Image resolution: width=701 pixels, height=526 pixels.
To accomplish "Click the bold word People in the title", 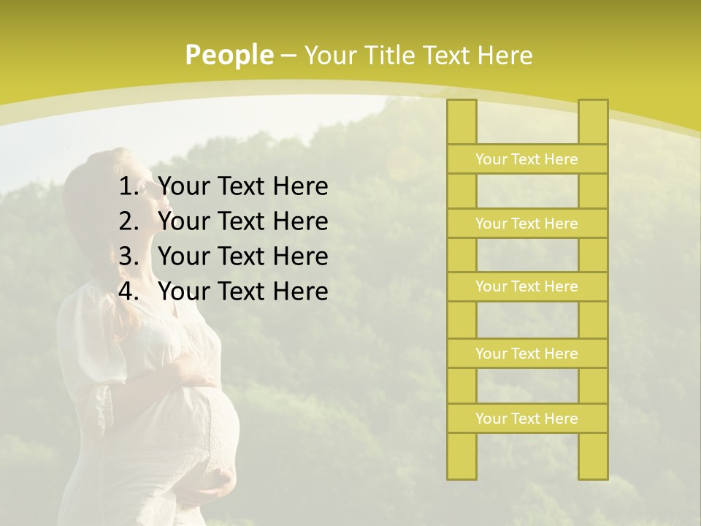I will click(229, 55).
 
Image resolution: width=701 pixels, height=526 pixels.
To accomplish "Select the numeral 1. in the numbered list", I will click(129, 187).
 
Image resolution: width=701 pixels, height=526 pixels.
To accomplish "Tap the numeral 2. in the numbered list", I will click(129, 221).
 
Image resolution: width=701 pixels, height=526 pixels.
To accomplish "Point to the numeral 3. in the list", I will click(129, 256).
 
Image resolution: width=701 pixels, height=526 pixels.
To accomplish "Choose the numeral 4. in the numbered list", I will click(129, 291).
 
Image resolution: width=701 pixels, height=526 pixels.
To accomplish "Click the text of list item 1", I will click(242, 187).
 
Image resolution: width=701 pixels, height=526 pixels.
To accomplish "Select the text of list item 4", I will click(242, 291).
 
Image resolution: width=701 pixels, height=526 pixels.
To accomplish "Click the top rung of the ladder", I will click(526, 159).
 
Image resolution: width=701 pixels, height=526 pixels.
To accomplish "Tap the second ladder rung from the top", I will click(526, 224).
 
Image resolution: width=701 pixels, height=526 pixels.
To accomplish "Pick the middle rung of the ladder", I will click(526, 287).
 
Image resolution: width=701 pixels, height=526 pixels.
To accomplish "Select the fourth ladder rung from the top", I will click(526, 354).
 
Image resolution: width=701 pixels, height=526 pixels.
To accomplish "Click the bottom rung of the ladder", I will click(526, 419).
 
